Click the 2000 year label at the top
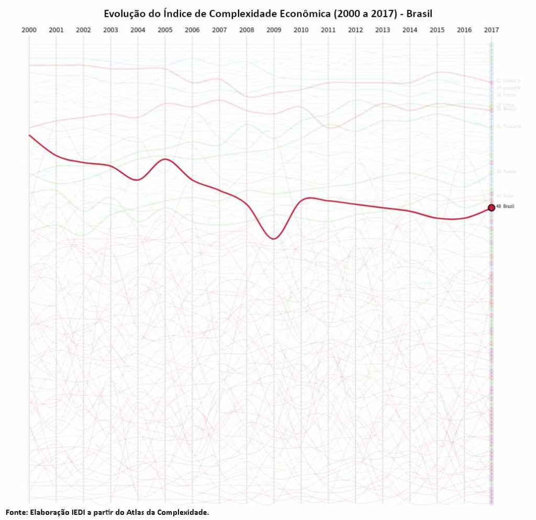[29, 30]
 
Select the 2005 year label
[165, 30]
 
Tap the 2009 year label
[274, 30]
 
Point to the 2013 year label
[383, 30]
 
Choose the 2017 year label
[491, 30]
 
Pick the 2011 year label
[328, 30]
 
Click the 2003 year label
[110, 30]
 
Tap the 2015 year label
[437, 30]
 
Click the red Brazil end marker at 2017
[491, 208]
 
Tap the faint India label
[505, 196]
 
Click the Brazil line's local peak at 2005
[165, 159]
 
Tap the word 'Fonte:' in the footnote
[17, 512]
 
